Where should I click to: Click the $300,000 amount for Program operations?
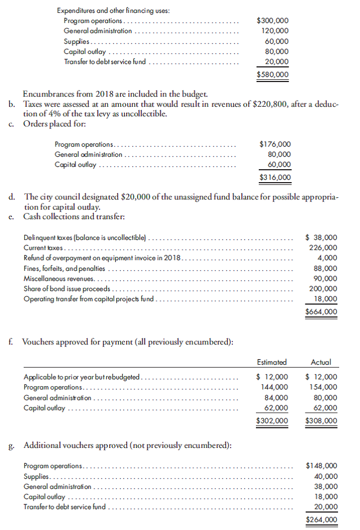coord(273,21)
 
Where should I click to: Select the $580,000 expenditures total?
coord(273,74)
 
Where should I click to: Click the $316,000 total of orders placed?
coord(275,178)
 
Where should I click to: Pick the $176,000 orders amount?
coord(275,144)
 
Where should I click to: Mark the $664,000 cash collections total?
coord(321,312)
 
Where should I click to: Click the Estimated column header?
coord(271,363)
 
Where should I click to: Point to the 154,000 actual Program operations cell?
coord(323,387)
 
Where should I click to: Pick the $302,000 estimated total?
coord(272,420)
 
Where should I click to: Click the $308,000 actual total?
coord(321,420)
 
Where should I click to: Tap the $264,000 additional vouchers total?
coord(321,520)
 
